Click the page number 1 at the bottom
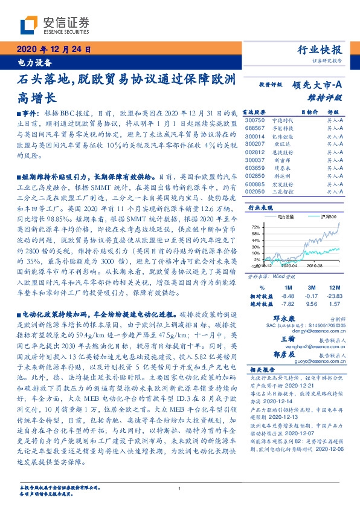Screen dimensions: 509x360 click(180, 488)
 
